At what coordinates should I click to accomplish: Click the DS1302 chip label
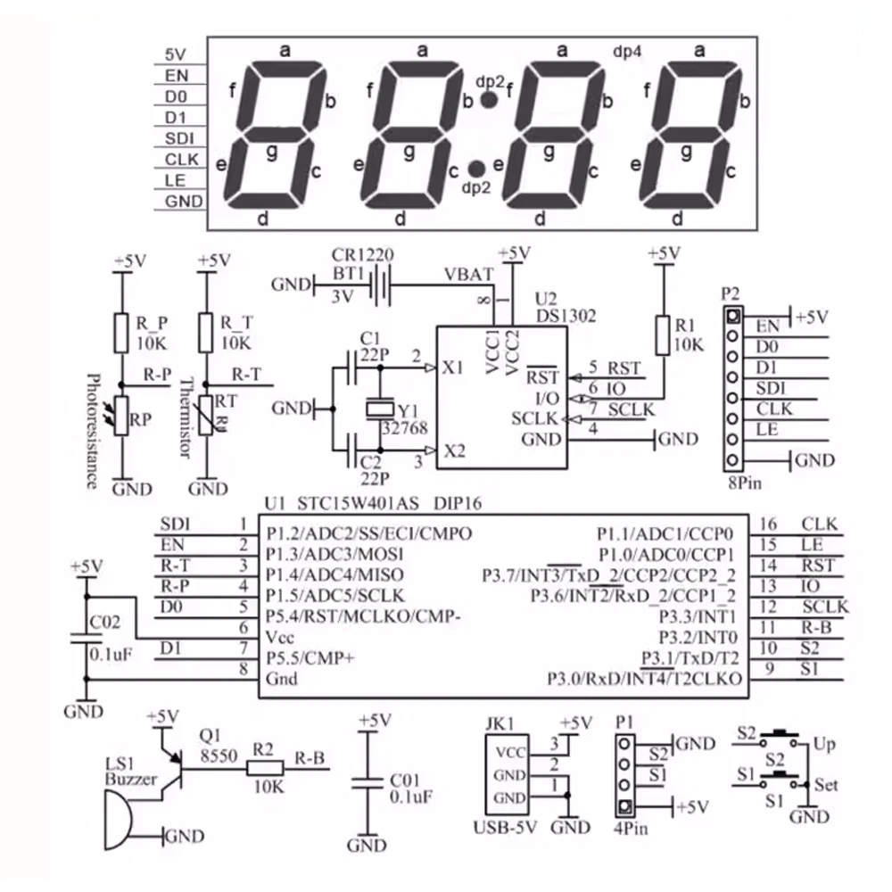pyautogui.click(x=566, y=316)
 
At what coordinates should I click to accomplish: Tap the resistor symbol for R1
pyautogui.click(x=663, y=335)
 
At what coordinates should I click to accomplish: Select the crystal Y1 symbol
pyautogui.click(x=380, y=409)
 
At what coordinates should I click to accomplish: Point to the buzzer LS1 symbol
pyautogui.click(x=119, y=821)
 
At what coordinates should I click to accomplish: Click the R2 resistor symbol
pyautogui.click(x=265, y=769)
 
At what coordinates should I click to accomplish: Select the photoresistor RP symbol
pyautogui.click(x=120, y=416)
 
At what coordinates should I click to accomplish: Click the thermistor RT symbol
pyautogui.click(x=207, y=416)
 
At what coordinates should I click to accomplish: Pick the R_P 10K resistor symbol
pyautogui.click(x=120, y=333)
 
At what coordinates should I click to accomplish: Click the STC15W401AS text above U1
pyautogui.click(x=358, y=503)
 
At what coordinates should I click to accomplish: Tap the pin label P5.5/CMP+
pyautogui.click(x=310, y=658)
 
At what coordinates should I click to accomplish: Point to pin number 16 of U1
pyautogui.click(x=768, y=524)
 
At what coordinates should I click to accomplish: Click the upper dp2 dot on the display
pyautogui.click(x=489, y=100)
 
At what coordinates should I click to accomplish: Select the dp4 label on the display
pyautogui.click(x=627, y=52)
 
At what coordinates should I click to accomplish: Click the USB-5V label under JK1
pyautogui.click(x=505, y=827)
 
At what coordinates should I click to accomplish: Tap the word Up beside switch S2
pyautogui.click(x=824, y=744)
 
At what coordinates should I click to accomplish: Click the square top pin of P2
pyautogui.click(x=733, y=315)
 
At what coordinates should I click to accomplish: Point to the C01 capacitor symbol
pyautogui.click(x=368, y=783)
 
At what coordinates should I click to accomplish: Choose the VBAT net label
pyautogui.click(x=469, y=275)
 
